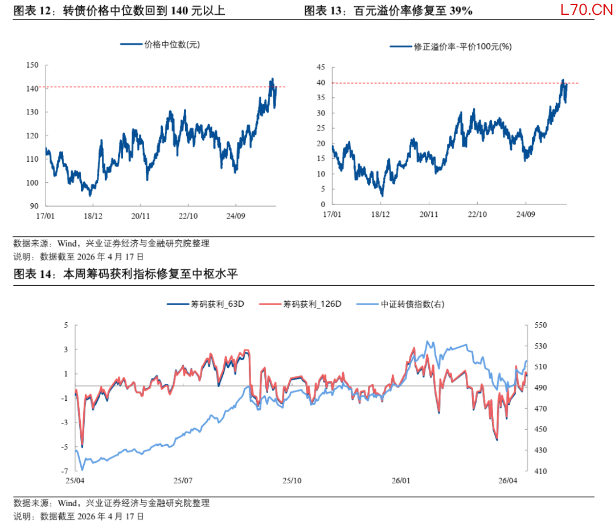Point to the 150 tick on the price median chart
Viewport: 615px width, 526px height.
click(32, 65)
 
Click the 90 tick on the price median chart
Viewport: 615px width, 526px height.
click(34, 206)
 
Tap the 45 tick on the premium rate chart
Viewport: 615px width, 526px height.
click(321, 67)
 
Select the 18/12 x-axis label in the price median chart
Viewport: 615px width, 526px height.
click(93, 216)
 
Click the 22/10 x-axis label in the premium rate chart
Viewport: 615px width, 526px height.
click(477, 215)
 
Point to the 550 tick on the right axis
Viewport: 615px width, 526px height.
click(540, 325)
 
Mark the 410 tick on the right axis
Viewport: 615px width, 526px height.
click(540, 471)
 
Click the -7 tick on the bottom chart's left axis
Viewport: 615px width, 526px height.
click(65, 471)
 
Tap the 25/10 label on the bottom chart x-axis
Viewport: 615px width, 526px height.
click(292, 481)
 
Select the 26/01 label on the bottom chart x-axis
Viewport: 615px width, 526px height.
click(401, 481)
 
